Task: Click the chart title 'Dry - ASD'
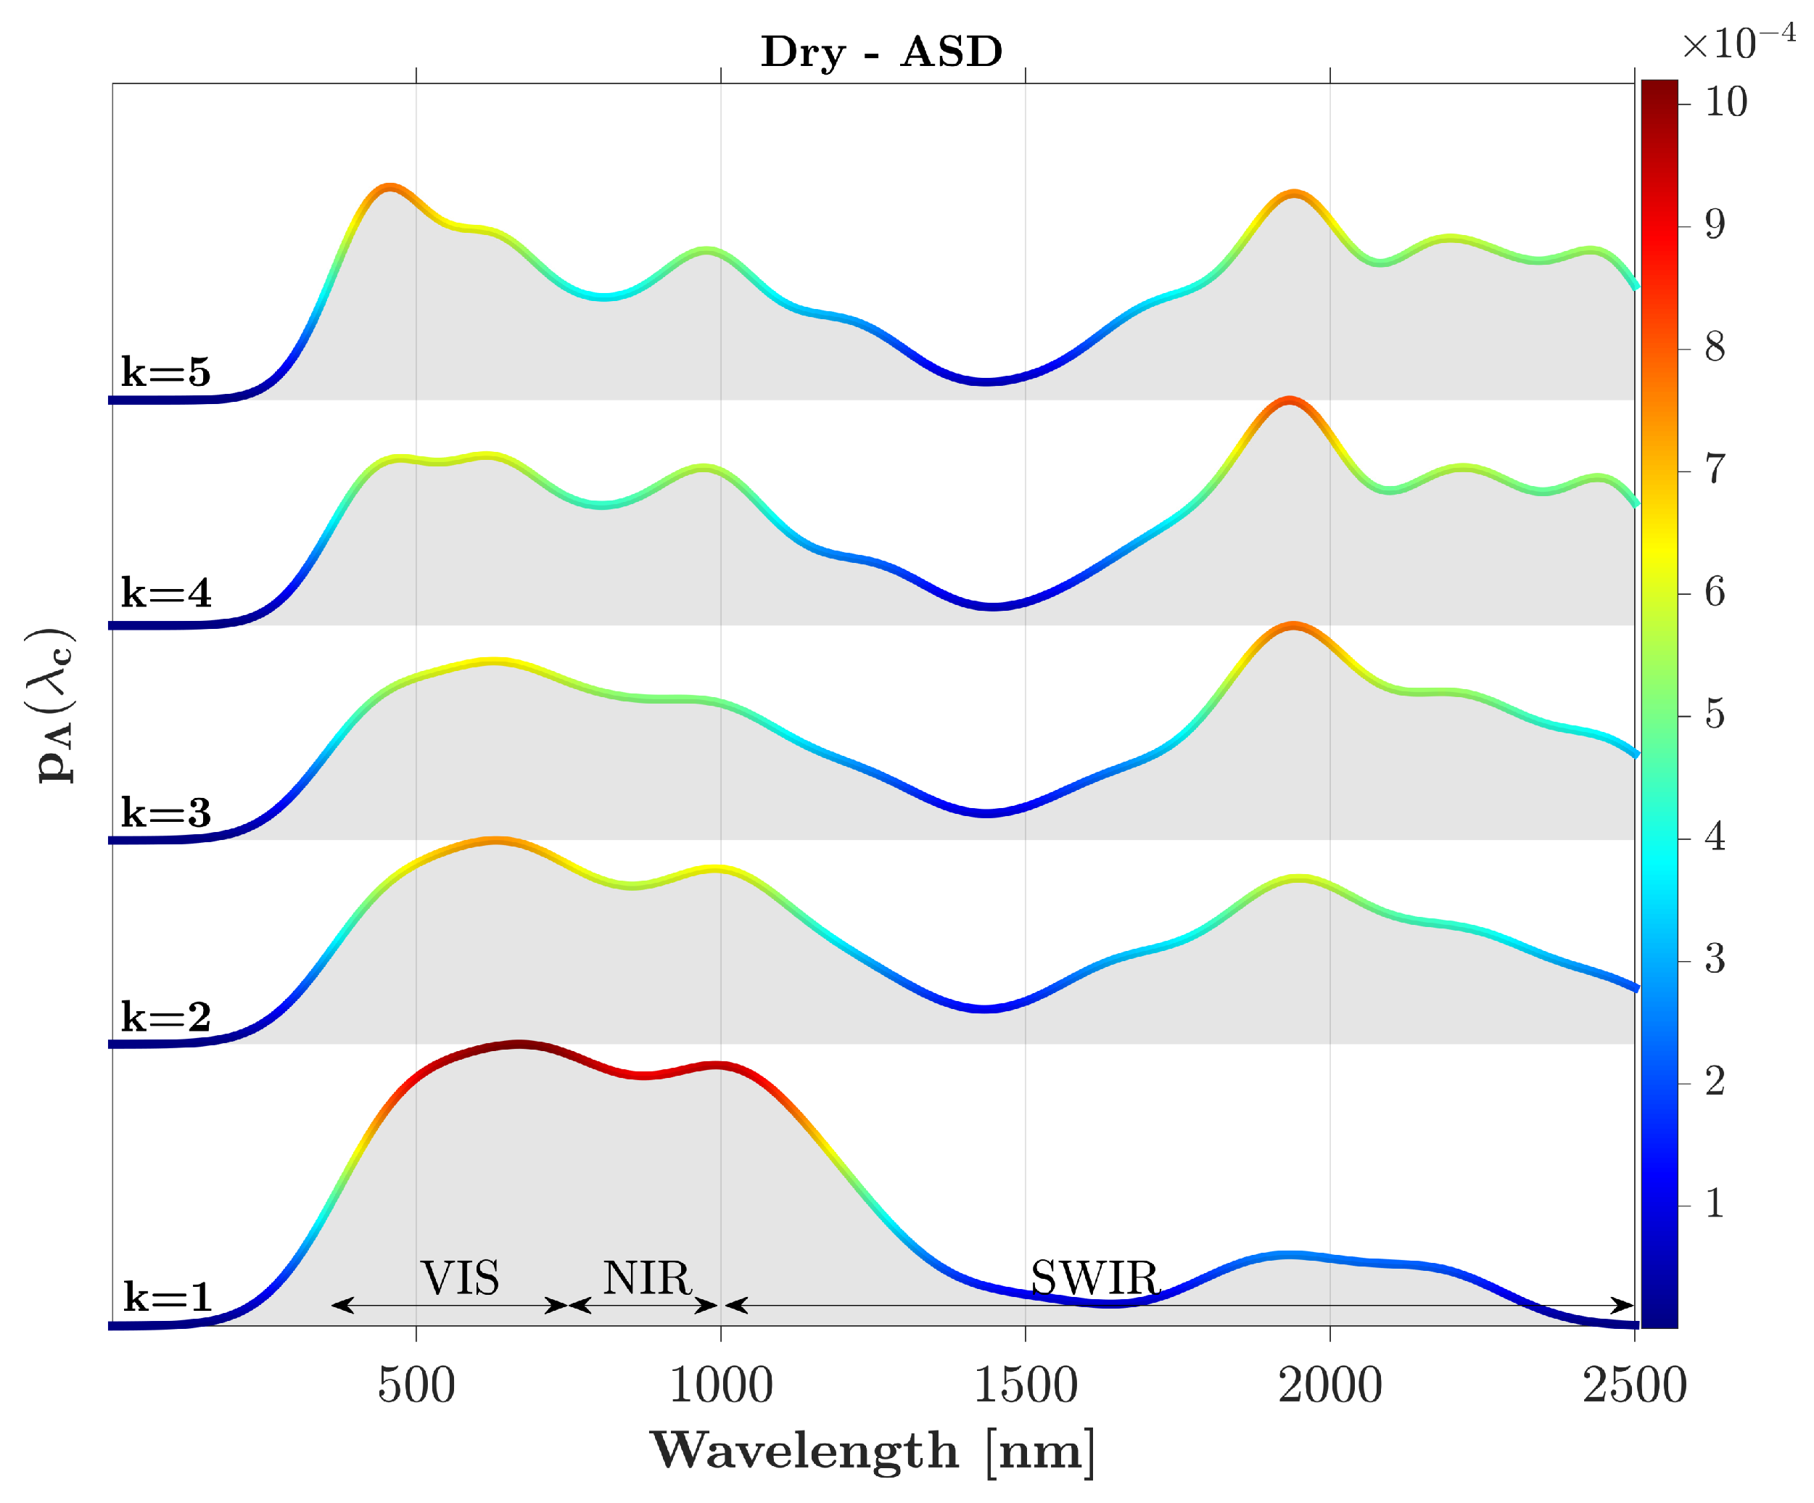click(x=881, y=52)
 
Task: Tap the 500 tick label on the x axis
click(x=416, y=1385)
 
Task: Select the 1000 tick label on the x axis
click(x=720, y=1385)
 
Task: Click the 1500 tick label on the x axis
click(x=1026, y=1385)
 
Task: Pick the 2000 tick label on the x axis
click(x=1329, y=1385)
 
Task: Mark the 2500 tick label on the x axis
click(x=1633, y=1385)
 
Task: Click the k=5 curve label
click(x=165, y=371)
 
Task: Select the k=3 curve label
click(x=165, y=812)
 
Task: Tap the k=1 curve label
click(x=167, y=1296)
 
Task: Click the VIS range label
click(x=460, y=1277)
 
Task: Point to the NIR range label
click(x=647, y=1277)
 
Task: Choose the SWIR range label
click(x=1094, y=1277)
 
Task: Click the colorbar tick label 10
click(x=1725, y=103)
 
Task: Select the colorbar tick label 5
click(x=1715, y=715)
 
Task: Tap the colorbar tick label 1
click(x=1715, y=1203)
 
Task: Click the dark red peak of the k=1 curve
click(x=519, y=1045)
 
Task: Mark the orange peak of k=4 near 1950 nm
click(x=1289, y=401)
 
